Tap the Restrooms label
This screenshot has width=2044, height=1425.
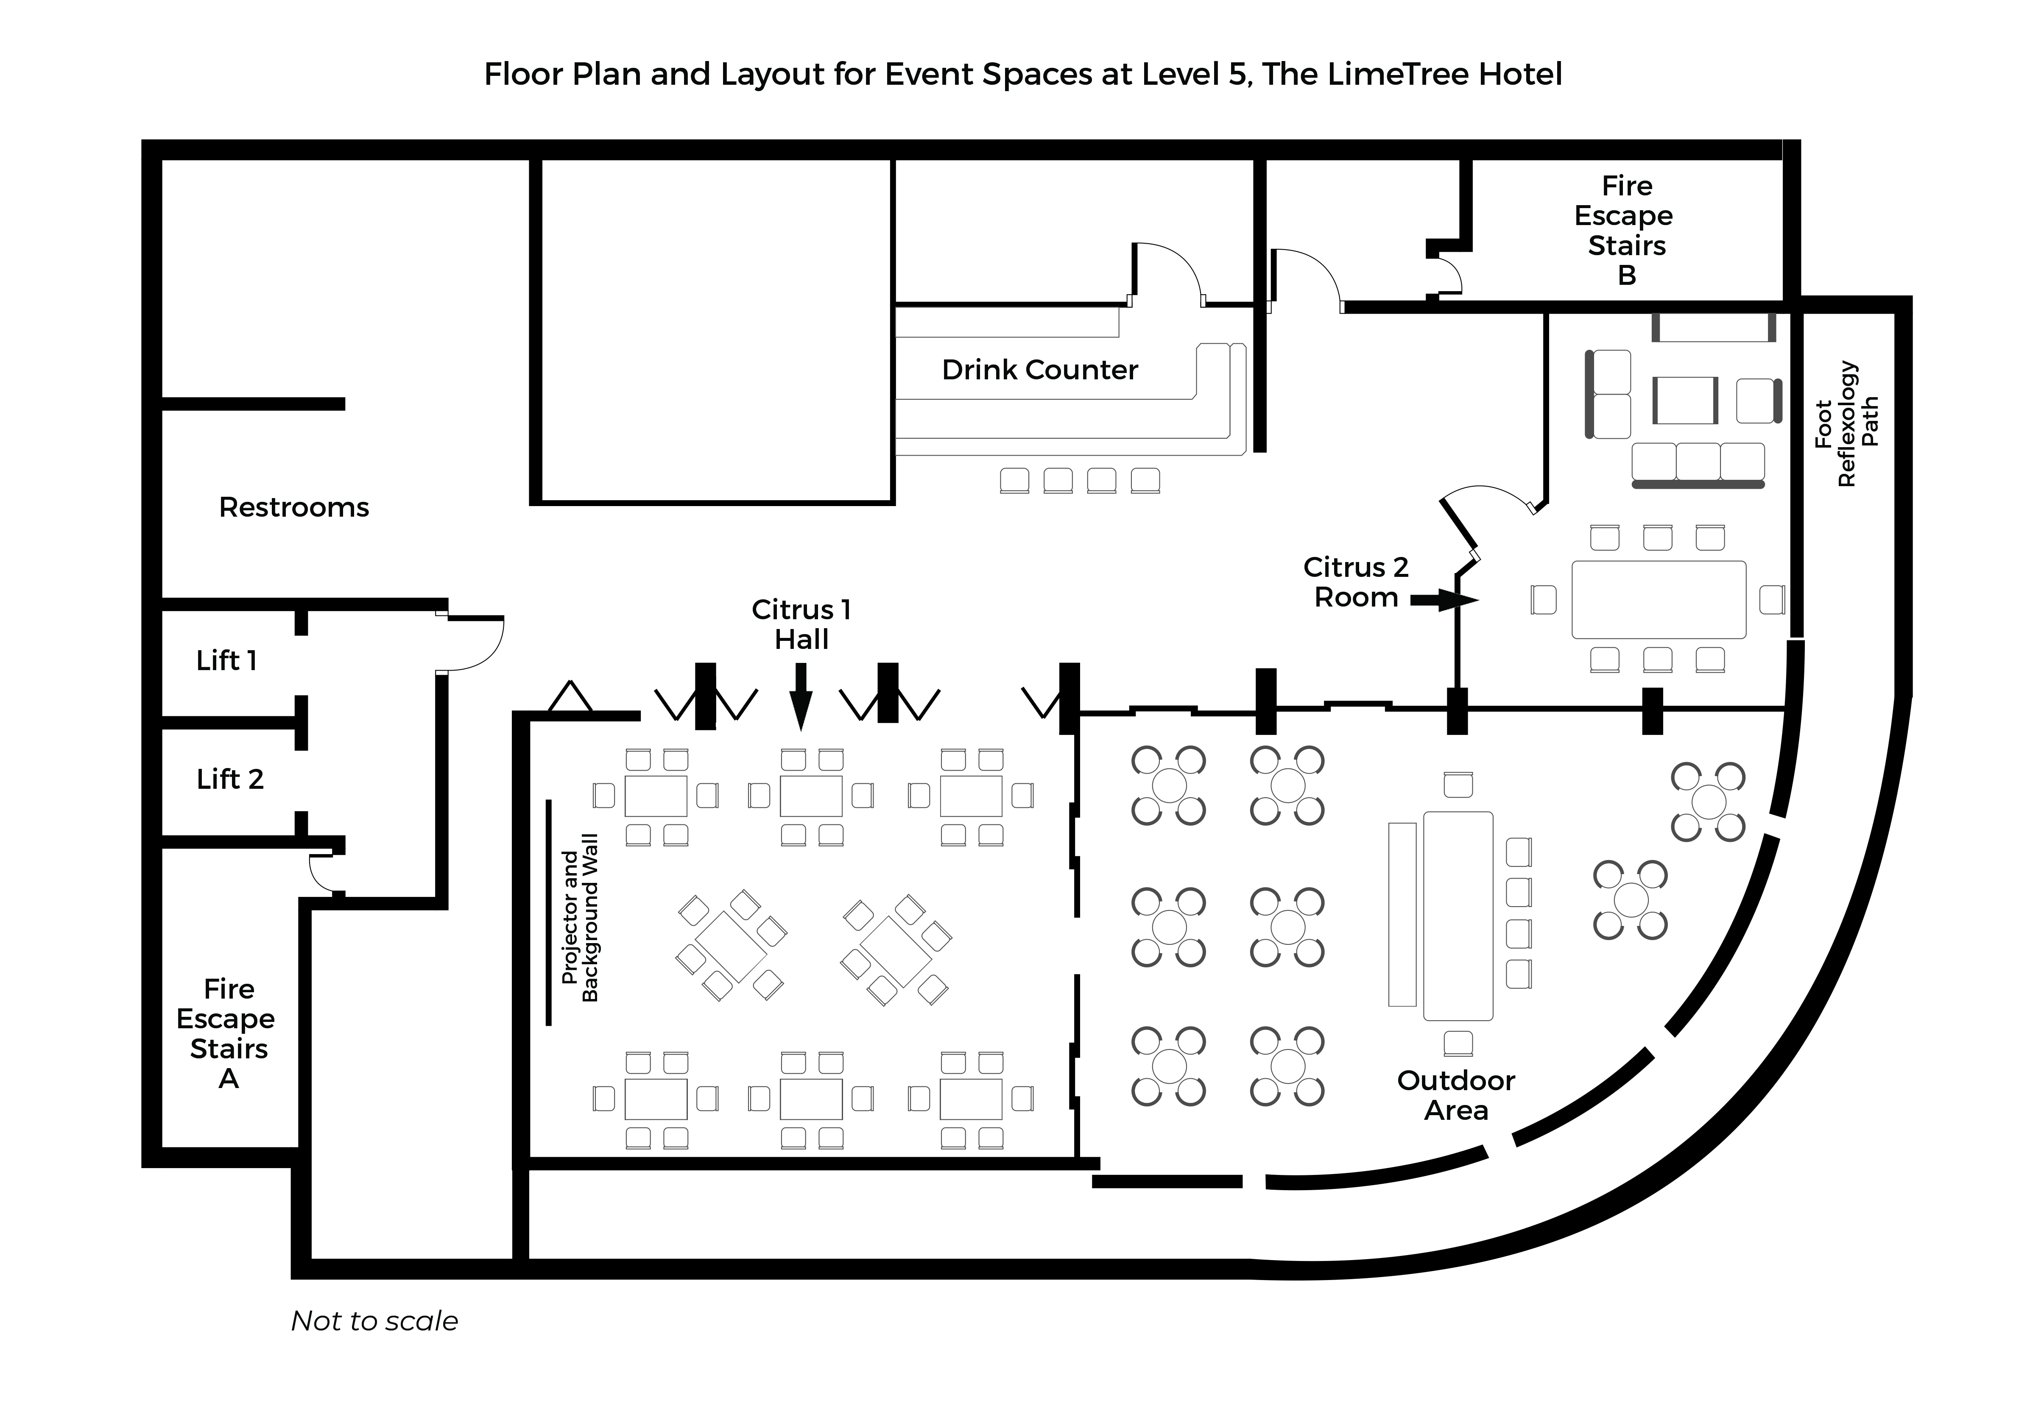[x=294, y=507]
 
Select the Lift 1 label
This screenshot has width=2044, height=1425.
[x=226, y=660]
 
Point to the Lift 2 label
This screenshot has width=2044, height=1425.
[x=230, y=779]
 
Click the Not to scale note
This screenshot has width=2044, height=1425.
[x=374, y=1321]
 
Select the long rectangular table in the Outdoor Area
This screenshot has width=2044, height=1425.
[x=1458, y=915]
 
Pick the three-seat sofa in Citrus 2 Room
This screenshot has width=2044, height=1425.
[x=1698, y=463]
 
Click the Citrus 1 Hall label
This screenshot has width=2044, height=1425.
[x=801, y=624]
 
